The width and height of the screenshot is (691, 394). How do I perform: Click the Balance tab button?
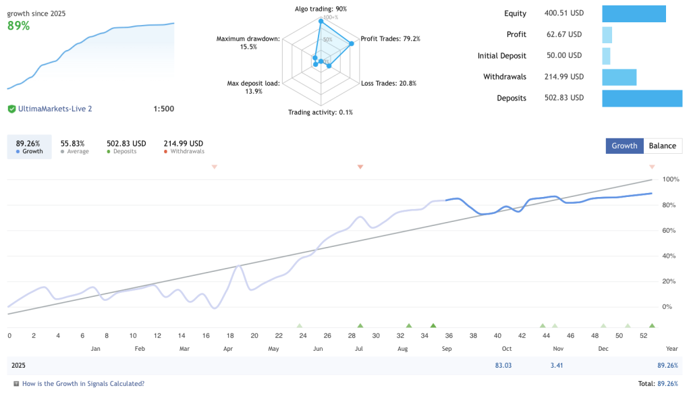(x=663, y=146)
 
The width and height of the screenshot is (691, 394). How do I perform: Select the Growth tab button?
(x=624, y=146)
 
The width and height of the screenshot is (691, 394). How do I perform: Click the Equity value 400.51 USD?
(x=563, y=13)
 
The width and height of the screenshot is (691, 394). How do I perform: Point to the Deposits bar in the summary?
(x=642, y=98)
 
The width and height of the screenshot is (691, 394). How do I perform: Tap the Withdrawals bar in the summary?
(x=619, y=77)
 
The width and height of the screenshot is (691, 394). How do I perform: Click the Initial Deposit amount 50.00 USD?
(x=563, y=56)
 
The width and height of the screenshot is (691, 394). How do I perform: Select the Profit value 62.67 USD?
(x=563, y=34)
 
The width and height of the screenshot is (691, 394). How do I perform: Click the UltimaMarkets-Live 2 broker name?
(x=55, y=109)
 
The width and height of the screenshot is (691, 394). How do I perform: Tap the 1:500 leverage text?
(x=163, y=109)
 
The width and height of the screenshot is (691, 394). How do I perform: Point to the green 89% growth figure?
(x=19, y=26)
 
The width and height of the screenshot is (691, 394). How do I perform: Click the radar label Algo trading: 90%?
(x=321, y=9)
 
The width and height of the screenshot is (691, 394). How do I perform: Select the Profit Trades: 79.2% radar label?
(x=391, y=39)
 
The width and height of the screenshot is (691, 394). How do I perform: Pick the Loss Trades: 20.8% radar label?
(x=389, y=84)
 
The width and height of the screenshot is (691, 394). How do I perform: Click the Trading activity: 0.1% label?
(x=321, y=112)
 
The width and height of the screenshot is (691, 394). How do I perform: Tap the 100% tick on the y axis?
(x=671, y=179)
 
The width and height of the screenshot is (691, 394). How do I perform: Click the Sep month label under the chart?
(x=447, y=349)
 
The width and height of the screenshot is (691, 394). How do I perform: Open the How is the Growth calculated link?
(x=83, y=384)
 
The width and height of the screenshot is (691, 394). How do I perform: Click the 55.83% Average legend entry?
(x=72, y=147)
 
